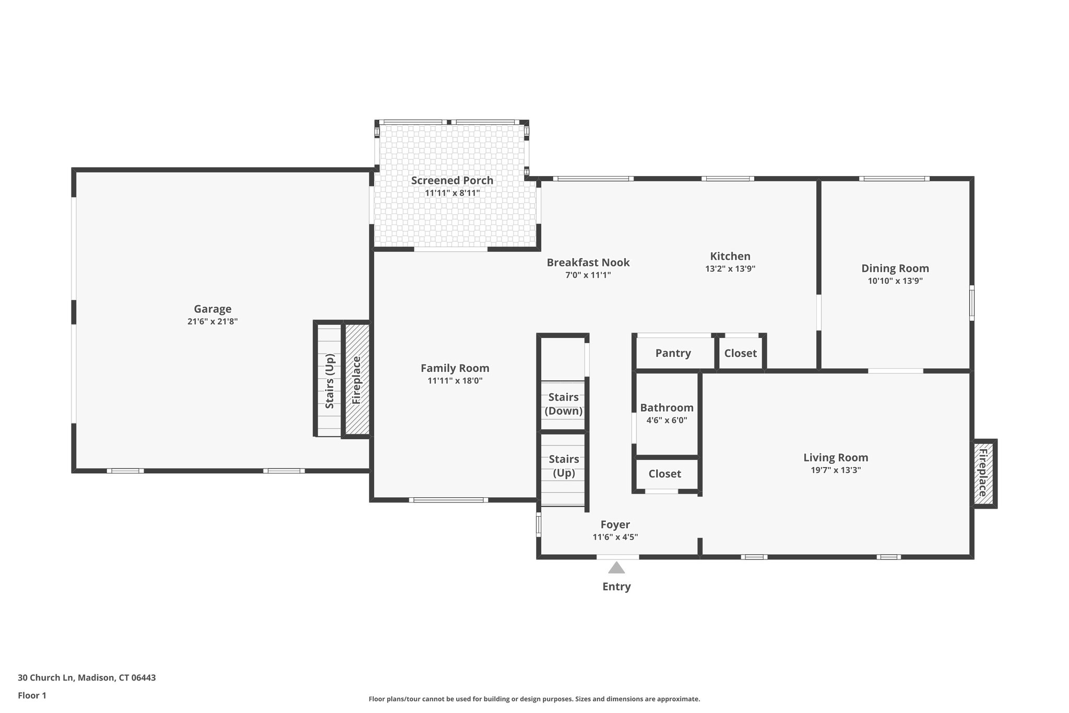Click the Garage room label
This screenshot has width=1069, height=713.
212,309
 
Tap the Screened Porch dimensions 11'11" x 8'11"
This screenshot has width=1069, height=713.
452,193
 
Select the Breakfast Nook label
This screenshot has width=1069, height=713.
588,262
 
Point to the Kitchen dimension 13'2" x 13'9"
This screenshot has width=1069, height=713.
730,269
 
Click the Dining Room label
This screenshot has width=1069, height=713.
895,268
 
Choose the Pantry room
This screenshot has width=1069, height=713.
673,353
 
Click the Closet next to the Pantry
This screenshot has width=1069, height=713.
740,353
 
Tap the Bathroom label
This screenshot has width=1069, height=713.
667,407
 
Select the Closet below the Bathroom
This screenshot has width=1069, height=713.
664,474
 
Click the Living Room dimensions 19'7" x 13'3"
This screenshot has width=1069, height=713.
835,470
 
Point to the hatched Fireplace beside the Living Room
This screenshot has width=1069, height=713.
983,473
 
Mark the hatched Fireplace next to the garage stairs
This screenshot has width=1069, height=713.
357,380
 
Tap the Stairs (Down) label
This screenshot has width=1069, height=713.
563,404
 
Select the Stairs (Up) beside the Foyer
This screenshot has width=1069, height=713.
564,466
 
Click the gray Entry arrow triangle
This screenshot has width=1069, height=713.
616,568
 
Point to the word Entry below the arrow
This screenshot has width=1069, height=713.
616,586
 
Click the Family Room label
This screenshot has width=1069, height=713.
455,368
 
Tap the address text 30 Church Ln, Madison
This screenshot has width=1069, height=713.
87,677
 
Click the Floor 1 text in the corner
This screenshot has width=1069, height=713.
32,695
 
